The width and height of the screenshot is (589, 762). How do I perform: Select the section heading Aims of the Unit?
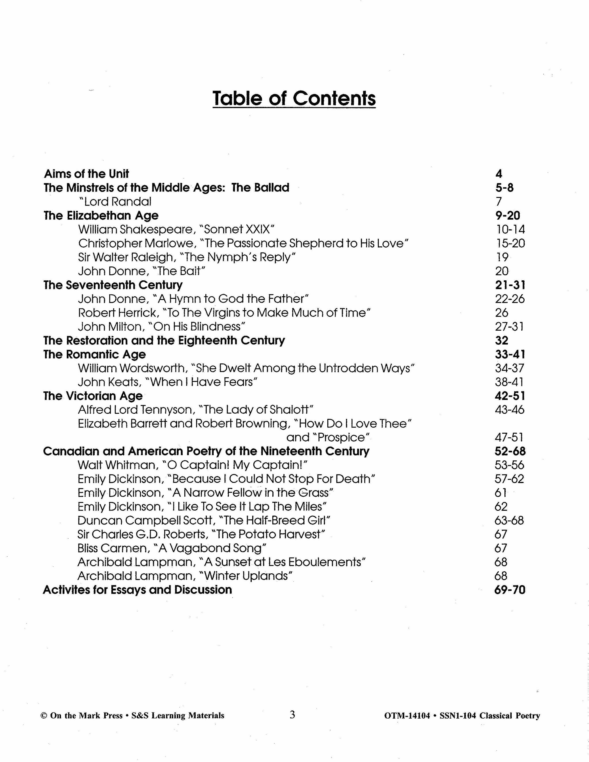pyautogui.click(x=86, y=174)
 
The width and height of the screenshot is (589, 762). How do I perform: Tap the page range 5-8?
pyautogui.click(x=504, y=188)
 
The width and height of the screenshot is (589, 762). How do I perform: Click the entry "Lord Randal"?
pyautogui.click(x=115, y=201)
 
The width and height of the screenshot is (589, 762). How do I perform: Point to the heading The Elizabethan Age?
pyautogui.click(x=101, y=215)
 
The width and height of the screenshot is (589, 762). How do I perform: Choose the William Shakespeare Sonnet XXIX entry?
pyautogui.click(x=176, y=229)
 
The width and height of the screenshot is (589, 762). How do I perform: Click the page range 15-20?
pyautogui.click(x=510, y=243)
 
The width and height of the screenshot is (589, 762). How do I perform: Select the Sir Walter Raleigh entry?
pyautogui.click(x=187, y=257)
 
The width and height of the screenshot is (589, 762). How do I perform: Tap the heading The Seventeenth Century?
pyautogui.click(x=113, y=285)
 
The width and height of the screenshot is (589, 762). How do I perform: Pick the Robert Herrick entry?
pyautogui.click(x=224, y=313)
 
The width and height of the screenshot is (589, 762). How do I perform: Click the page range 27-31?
pyautogui.click(x=509, y=327)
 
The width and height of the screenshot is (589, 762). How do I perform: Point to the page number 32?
pyautogui.click(x=501, y=340)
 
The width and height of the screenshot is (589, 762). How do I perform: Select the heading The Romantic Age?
pyautogui.click(x=95, y=354)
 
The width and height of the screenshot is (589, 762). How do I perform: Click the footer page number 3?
pyautogui.click(x=292, y=715)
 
